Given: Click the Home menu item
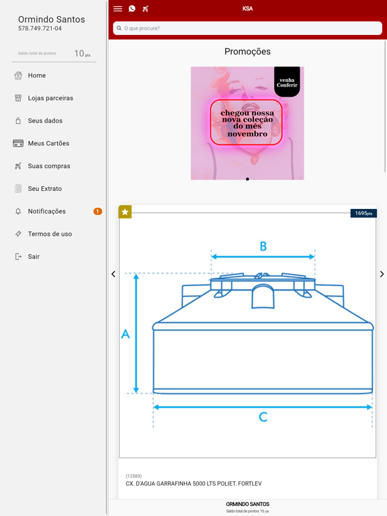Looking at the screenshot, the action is tap(36, 75).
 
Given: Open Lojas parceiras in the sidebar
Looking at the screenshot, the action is tap(50, 98).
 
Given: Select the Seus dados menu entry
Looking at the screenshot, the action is tap(45, 121).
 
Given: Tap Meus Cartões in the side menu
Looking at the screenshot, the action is tap(48, 144).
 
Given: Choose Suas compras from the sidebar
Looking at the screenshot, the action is tap(48, 166).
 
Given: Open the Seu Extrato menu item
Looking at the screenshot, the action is tap(45, 189).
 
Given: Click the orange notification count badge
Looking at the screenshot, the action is tap(97, 211).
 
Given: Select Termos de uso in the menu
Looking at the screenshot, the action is tap(50, 234).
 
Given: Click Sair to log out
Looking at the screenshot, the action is tap(34, 257).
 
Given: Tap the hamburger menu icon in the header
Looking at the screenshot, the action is tap(118, 9).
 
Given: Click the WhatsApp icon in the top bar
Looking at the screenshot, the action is tap(132, 9).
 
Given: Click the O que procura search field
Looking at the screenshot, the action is tap(247, 28).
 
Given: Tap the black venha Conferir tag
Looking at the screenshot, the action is tap(287, 82).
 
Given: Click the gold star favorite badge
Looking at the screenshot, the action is tap(125, 212).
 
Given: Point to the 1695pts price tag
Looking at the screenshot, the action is tap(363, 213).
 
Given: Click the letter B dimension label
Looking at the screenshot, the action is tap(263, 246).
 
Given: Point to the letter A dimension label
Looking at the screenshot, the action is tap(126, 334).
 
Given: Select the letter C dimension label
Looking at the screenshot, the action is tap(263, 417).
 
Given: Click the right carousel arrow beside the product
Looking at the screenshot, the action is tap(382, 274).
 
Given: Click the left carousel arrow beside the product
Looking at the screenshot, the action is tap(113, 274).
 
